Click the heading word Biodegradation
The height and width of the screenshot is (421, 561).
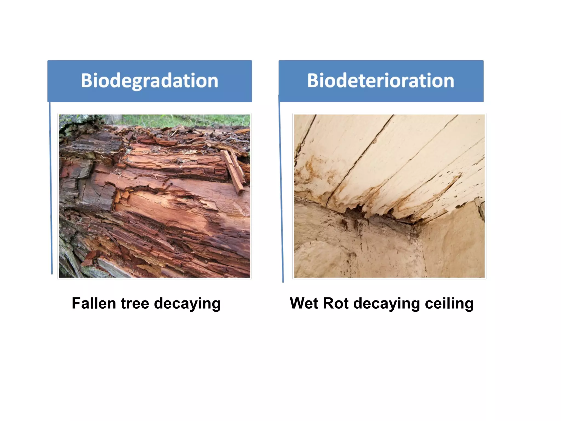pyautogui.click(x=149, y=81)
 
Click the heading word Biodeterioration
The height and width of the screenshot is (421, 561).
pyautogui.click(x=380, y=81)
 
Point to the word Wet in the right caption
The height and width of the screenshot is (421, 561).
pyautogui.click(x=304, y=303)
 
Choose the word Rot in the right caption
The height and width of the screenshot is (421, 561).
pyautogui.click(x=336, y=303)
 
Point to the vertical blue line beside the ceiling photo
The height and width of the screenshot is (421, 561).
pyautogui.click(x=281, y=192)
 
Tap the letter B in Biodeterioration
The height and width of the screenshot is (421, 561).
pyautogui.click(x=313, y=81)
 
